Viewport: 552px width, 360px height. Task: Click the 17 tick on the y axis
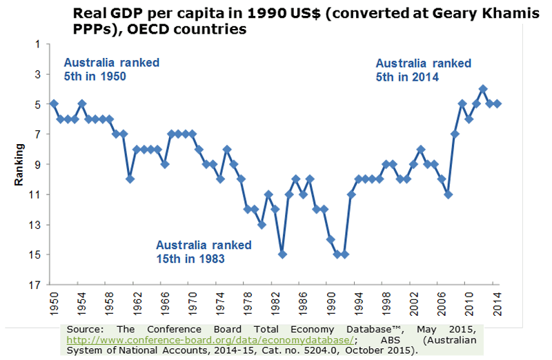tap(37, 285)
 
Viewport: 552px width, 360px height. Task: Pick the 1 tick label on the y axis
tap(37, 44)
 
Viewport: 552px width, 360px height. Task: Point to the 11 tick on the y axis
tap(37, 194)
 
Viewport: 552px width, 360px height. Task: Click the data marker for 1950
tap(54, 104)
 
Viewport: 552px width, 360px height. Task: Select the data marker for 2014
tap(498, 104)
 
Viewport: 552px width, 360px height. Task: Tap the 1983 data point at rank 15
tap(282, 254)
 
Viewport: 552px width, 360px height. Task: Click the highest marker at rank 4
tap(483, 89)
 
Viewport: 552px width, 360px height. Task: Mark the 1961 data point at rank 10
tap(130, 179)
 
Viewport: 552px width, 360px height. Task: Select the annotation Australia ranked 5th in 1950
tap(112, 70)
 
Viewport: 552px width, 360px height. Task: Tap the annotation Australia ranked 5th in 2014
tap(423, 70)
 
